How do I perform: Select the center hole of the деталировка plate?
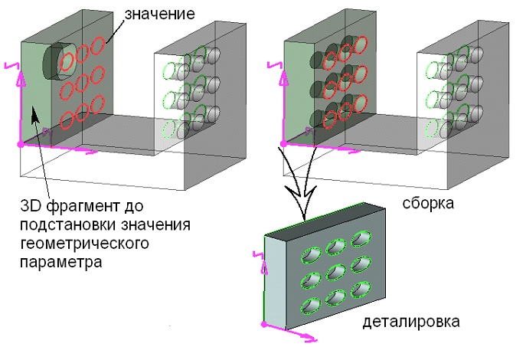(334, 271)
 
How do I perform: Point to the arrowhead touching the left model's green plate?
(33, 116)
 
